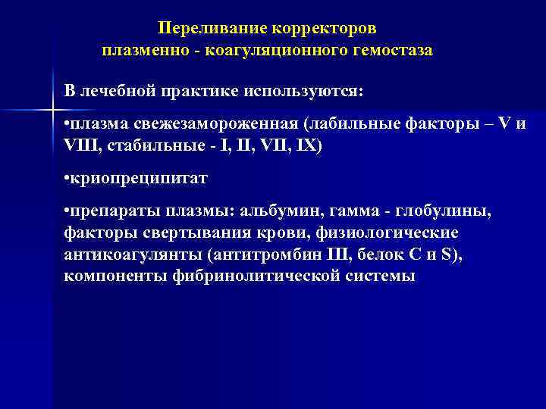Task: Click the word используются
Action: click(x=303, y=91)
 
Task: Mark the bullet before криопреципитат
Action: click(x=67, y=180)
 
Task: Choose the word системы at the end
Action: click(x=379, y=276)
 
